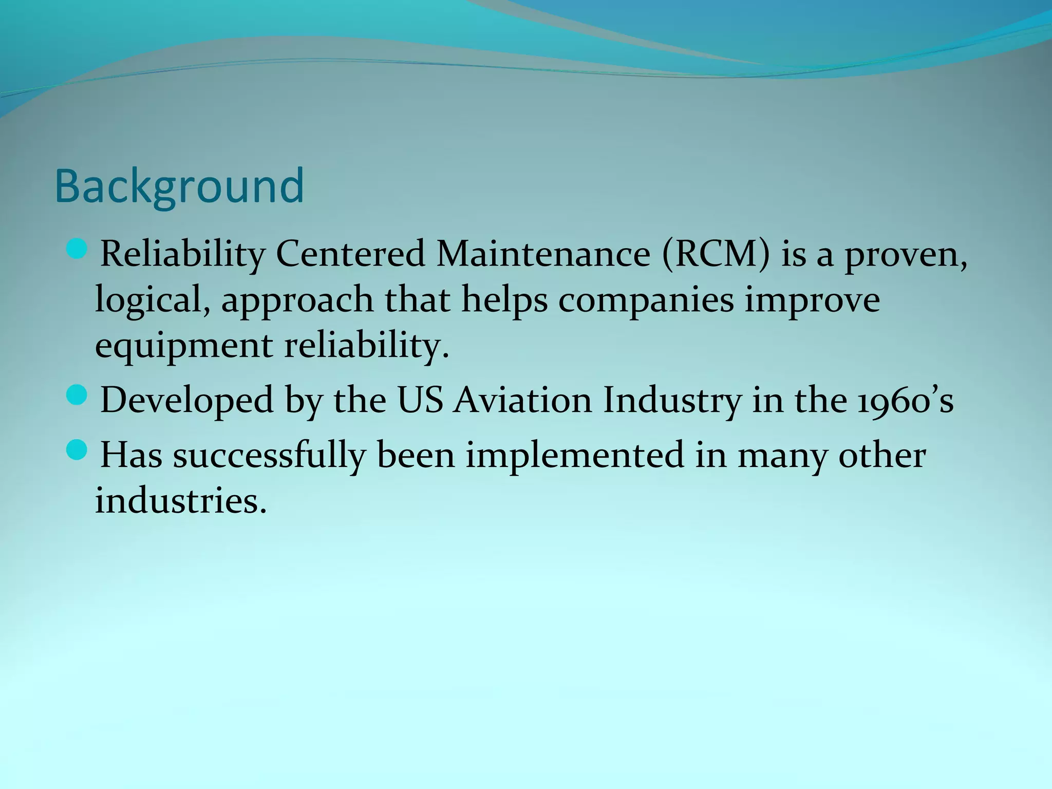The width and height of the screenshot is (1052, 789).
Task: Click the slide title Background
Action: (179, 186)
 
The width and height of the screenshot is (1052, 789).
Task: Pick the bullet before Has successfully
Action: (78, 450)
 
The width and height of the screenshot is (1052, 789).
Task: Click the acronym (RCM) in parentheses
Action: (716, 254)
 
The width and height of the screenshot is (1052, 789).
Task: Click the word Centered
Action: (350, 254)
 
